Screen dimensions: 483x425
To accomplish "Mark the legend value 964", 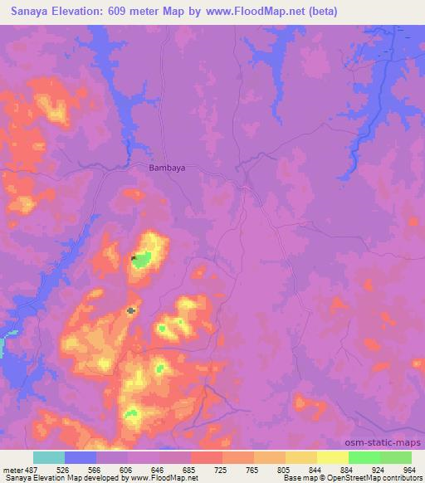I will [x=408, y=469].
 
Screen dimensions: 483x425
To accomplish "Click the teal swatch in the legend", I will [x=49, y=457].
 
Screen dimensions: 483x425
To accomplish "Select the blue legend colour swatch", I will [x=81, y=457].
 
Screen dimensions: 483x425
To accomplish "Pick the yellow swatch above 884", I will [x=332, y=457].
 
